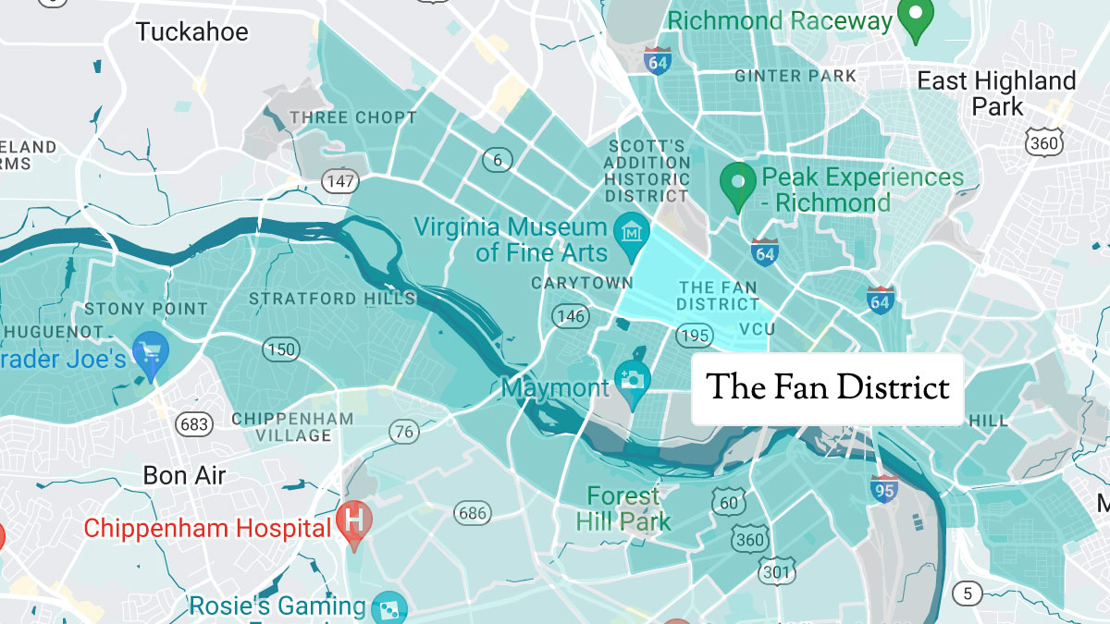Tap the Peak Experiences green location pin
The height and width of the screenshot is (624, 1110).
tap(737, 182)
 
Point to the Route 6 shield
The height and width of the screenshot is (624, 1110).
tap(498, 161)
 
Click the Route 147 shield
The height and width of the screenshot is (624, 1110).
tap(339, 181)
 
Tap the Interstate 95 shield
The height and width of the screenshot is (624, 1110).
tap(883, 488)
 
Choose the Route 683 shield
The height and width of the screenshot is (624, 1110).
tap(195, 424)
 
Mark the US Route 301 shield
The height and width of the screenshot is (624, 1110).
tap(776, 572)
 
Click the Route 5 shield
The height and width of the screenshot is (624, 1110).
tap(967, 593)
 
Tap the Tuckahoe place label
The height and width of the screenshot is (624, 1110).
tap(191, 32)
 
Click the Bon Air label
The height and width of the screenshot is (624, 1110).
tap(184, 476)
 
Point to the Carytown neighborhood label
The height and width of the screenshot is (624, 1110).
tap(582, 283)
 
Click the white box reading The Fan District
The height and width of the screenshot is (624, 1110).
tap(827, 388)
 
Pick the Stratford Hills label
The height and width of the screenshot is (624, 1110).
tap(331, 299)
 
